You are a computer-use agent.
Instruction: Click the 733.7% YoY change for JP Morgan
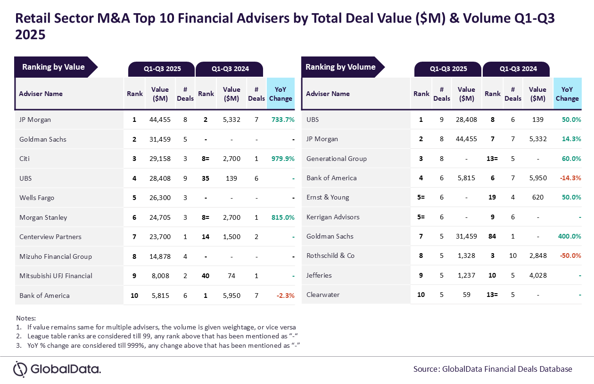[x=283, y=120]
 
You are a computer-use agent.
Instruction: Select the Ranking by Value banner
[x=54, y=67]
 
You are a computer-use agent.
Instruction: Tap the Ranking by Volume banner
[x=341, y=67]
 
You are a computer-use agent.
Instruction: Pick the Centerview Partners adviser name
[x=50, y=237]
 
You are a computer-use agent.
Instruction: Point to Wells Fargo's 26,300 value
[x=160, y=198]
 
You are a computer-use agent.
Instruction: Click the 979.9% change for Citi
[x=283, y=159]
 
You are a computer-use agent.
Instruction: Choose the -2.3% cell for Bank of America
[x=285, y=296]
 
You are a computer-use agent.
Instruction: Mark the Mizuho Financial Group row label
[x=56, y=256]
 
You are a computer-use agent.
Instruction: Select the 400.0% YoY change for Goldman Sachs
[x=569, y=236]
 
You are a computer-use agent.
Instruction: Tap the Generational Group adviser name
[x=337, y=159]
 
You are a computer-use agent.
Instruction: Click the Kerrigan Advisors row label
[x=333, y=217]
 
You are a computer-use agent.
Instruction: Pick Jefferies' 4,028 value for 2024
[x=537, y=275]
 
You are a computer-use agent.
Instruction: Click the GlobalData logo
[x=57, y=369]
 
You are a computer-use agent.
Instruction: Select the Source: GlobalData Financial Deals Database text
[x=493, y=369]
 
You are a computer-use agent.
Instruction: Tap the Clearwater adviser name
[x=323, y=295]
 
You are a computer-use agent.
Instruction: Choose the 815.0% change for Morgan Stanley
[x=283, y=217]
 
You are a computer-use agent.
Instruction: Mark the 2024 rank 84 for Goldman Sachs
[x=493, y=236]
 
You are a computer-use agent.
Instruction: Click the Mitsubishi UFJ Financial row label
[x=56, y=276]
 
